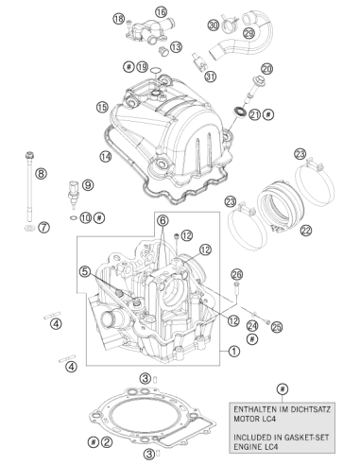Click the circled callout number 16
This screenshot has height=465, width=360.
coord(161,12)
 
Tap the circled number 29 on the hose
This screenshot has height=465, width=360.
coord(249,33)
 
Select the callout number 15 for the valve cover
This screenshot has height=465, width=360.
coord(102,107)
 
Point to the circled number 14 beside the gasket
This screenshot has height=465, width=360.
coord(106,156)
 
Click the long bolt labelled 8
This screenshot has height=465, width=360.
coord(30,187)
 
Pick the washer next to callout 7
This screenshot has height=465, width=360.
coord(30,228)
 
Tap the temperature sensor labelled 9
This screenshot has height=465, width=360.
coord(73,195)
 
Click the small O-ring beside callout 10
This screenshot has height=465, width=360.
coord(73,217)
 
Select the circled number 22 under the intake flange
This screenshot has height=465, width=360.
coord(306,231)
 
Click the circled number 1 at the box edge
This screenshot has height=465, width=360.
coord(234,351)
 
